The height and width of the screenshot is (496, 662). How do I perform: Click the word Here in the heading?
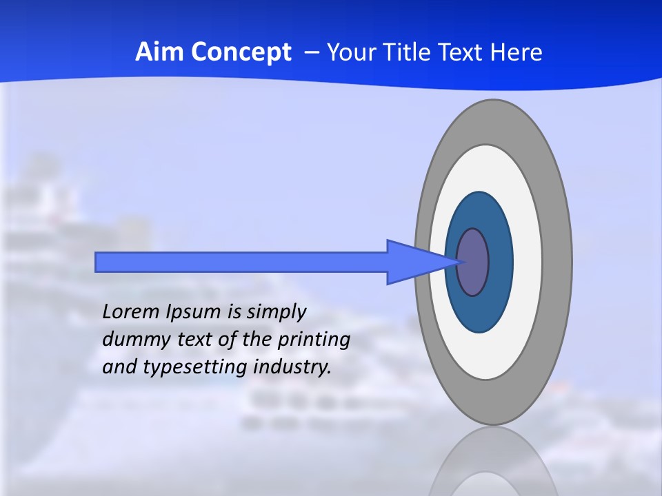(x=516, y=52)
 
